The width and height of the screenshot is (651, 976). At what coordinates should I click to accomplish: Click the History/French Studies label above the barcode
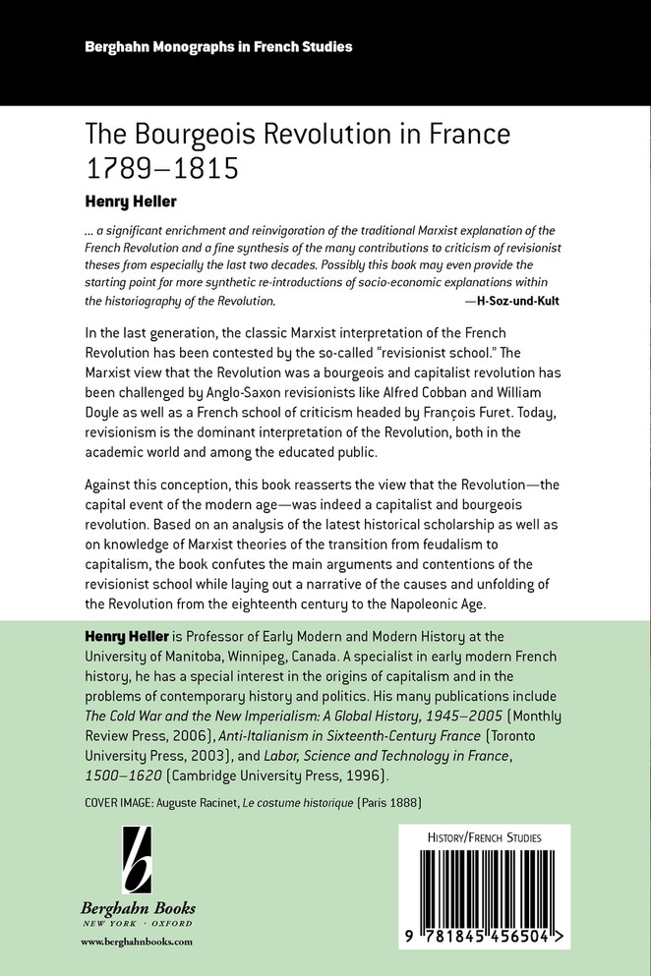pos(484,837)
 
